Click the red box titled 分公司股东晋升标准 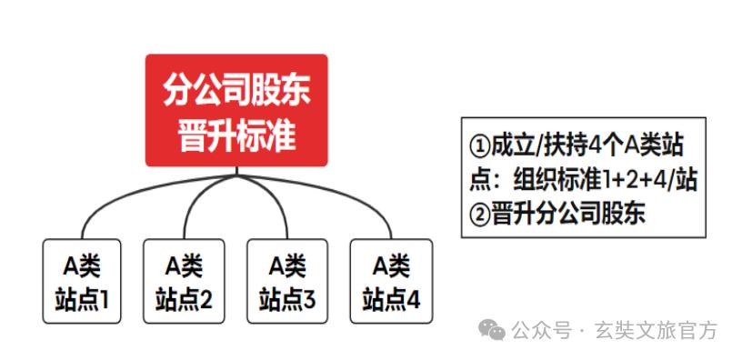pyautogui.click(x=236, y=110)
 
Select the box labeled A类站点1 pyautogui.click(x=82, y=281)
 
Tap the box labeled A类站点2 pyautogui.click(x=184, y=281)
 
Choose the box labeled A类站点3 pyautogui.click(x=287, y=281)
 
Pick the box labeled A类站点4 pyautogui.click(x=391, y=281)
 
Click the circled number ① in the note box pyautogui.click(x=480, y=146)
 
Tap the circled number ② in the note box pyautogui.click(x=480, y=215)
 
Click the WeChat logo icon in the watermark pyautogui.click(x=492, y=329)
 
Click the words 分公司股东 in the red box pyautogui.click(x=237, y=90)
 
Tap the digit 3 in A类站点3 pyautogui.click(x=309, y=301)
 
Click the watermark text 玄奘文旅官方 pyautogui.click(x=657, y=331)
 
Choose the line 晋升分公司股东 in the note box pyautogui.click(x=568, y=215)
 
